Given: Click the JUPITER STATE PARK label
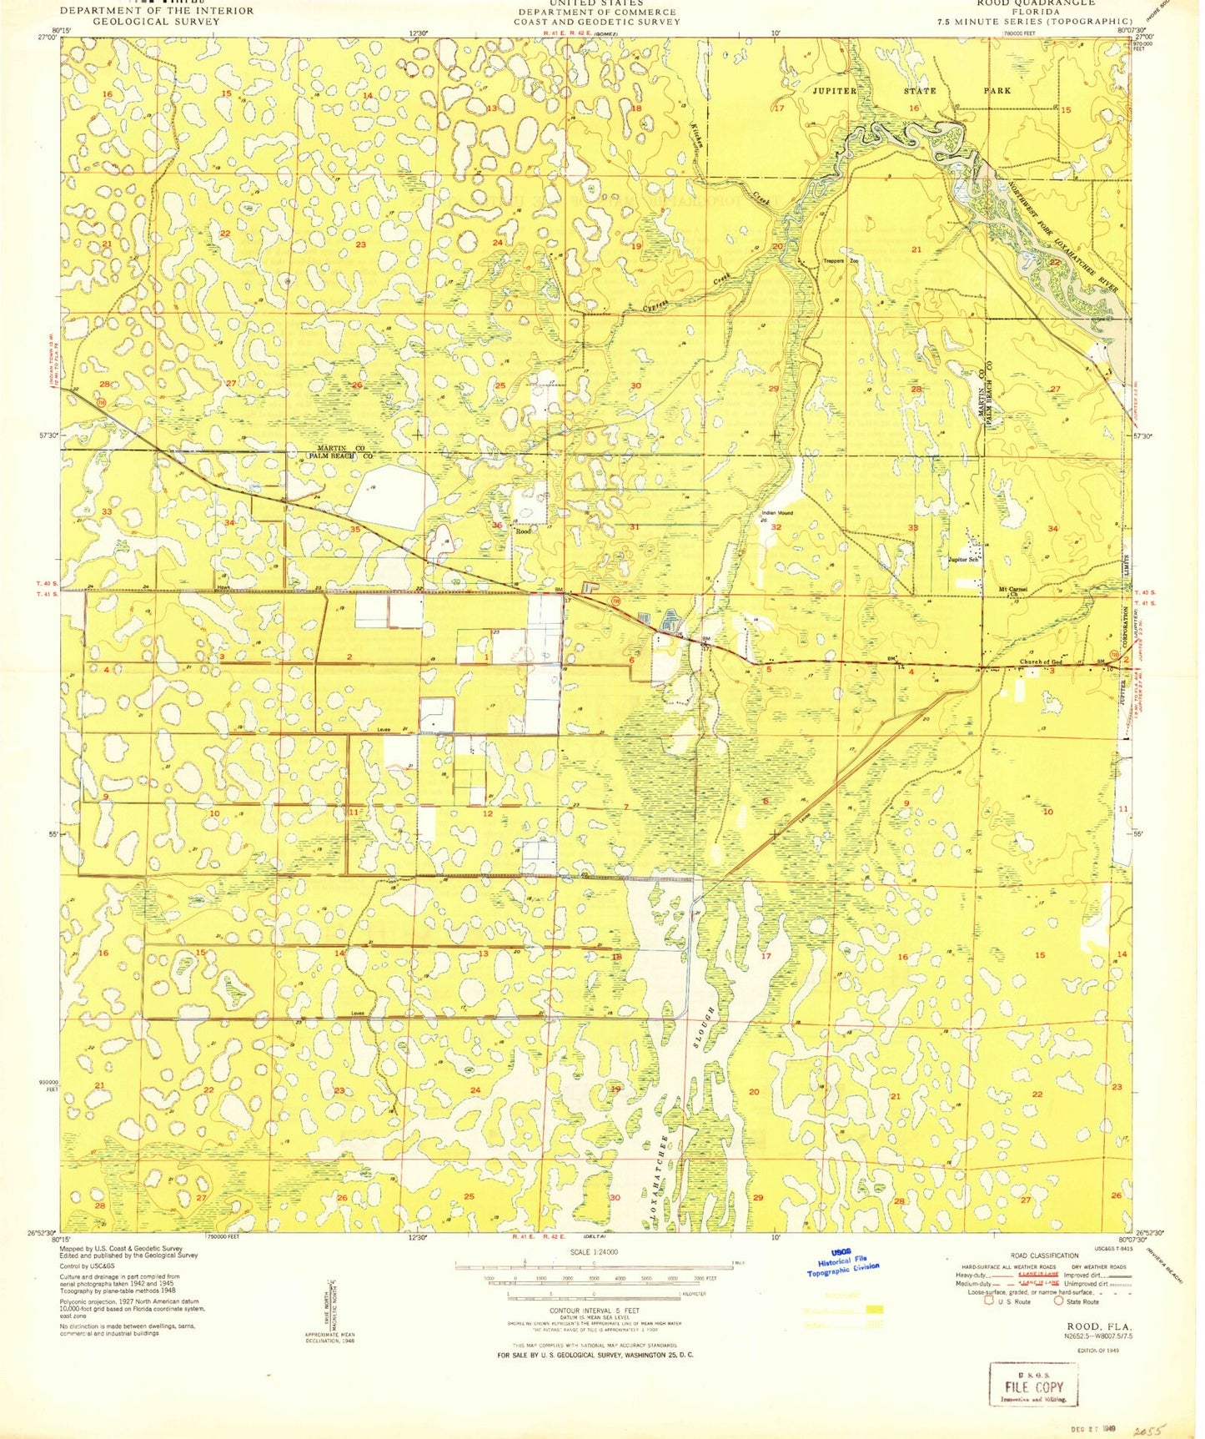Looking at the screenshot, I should (x=911, y=90).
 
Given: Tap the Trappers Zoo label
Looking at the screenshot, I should (x=841, y=261).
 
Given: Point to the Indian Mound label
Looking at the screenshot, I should (x=776, y=513).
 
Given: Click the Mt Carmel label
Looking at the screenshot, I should (x=1013, y=589).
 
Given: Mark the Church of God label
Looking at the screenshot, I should (x=1041, y=663).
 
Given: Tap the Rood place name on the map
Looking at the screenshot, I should (x=523, y=531).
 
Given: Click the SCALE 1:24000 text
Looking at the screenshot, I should (x=593, y=1252).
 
